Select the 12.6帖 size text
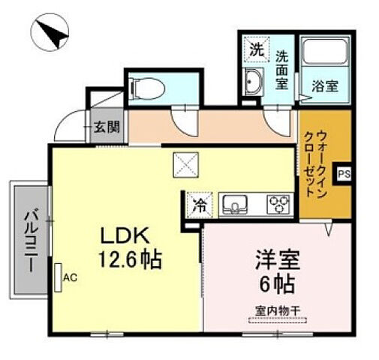click(126, 261)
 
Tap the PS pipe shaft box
click(343, 174)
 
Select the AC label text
click(71, 277)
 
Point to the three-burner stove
click(280, 203)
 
